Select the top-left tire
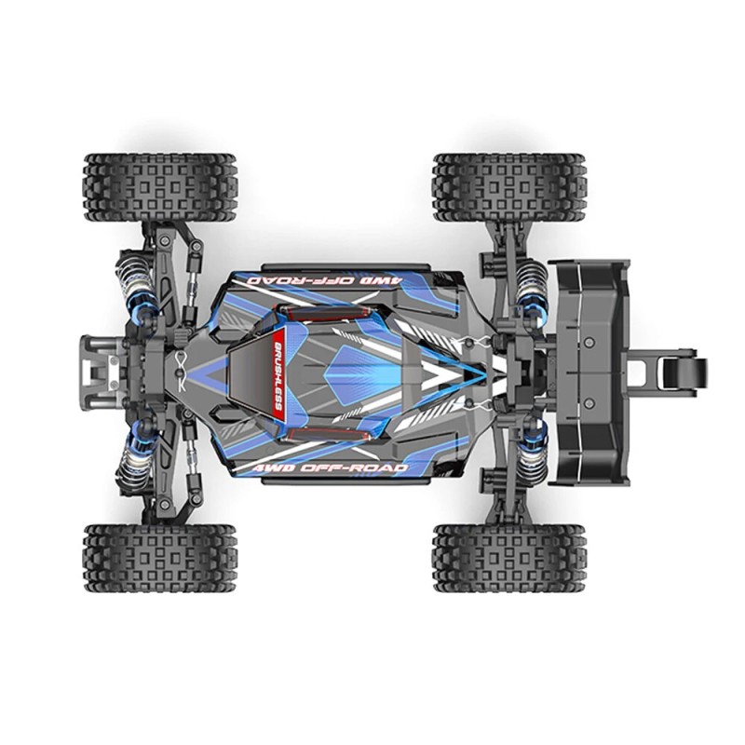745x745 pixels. [160, 187]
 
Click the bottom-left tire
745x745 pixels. [160, 557]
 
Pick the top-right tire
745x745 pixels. [508, 187]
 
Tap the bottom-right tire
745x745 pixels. [508, 557]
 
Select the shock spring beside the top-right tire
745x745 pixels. [532, 278]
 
